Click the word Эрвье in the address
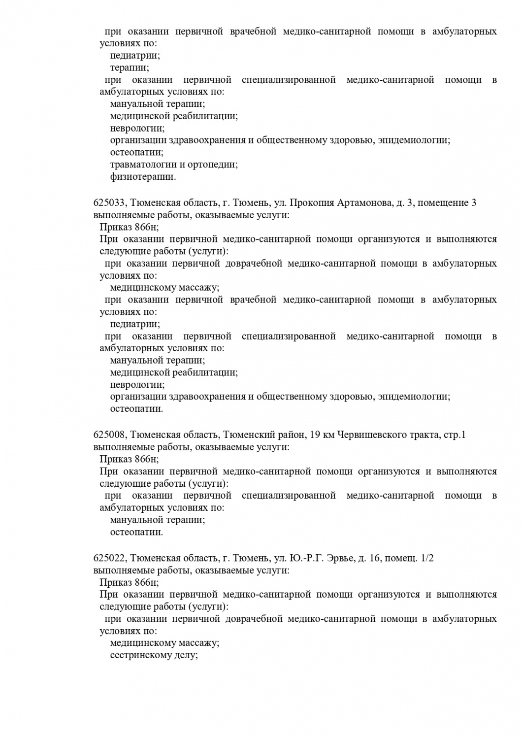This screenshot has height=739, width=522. point(340,558)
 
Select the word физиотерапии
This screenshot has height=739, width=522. point(143,176)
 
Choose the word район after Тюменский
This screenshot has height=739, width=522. point(290,435)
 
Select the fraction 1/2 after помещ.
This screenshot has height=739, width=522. point(427,558)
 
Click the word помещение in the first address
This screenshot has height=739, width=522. point(436,203)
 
